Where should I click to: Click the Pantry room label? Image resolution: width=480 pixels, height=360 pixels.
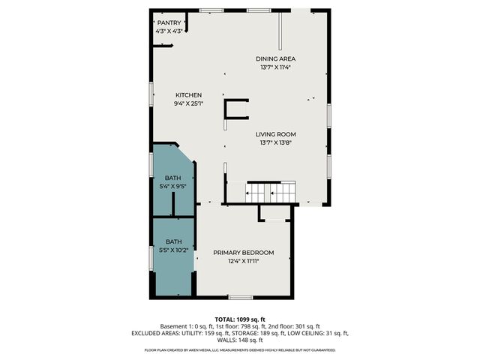click(x=169, y=23)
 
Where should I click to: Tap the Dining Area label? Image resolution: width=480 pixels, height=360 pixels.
click(x=274, y=58)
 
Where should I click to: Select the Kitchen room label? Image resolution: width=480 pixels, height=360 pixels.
click(x=188, y=94)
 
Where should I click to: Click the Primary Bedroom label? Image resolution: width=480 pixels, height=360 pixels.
click(x=243, y=253)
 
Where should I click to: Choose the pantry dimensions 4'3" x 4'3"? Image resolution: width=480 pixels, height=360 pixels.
click(x=169, y=31)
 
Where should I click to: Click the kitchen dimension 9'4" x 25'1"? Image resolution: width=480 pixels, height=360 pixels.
click(x=188, y=103)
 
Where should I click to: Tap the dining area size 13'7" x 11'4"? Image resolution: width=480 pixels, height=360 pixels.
click(x=274, y=67)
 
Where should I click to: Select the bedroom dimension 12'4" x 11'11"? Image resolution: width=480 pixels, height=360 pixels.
click(x=243, y=261)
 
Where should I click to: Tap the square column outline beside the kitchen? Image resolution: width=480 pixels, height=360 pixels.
click(x=236, y=109)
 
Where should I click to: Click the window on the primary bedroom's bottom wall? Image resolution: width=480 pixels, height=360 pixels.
click(x=240, y=298)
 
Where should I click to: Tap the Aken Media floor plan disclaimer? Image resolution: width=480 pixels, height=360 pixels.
click(x=240, y=350)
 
